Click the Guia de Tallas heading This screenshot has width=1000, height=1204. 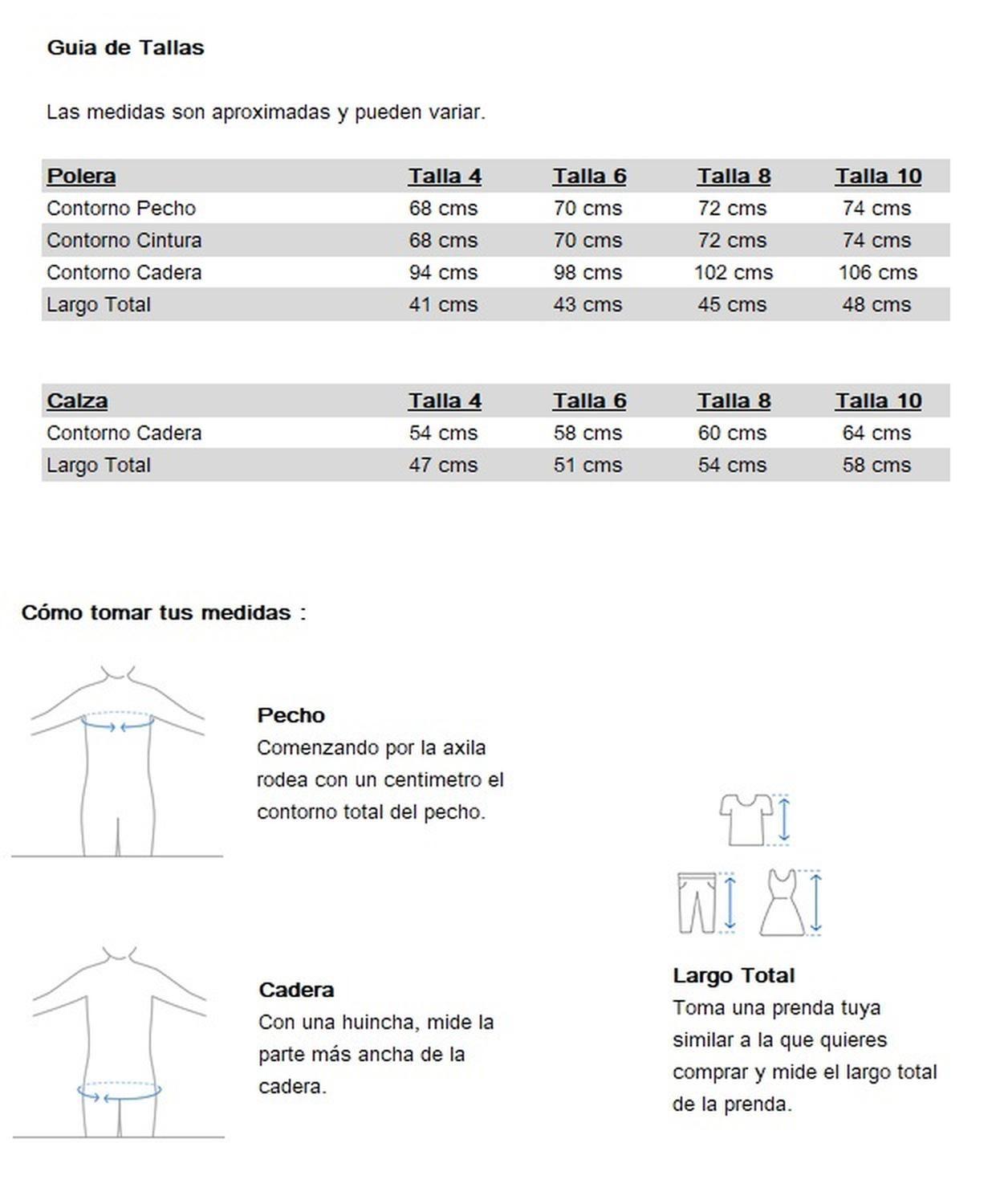(x=125, y=47)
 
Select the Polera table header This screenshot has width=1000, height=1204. (x=81, y=176)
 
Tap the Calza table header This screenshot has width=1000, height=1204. (x=77, y=401)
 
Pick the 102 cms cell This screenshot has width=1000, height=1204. (x=733, y=272)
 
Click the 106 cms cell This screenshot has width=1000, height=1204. (x=877, y=272)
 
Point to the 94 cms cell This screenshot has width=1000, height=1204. (x=443, y=272)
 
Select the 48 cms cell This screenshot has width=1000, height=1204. (x=876, y=304)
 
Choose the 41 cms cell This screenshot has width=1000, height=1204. (x=443, y=304)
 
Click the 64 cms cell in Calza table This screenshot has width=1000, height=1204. (x=876, y=433)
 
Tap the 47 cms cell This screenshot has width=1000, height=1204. (x=443, y=465)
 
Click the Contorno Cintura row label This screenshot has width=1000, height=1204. (x=124, y=240)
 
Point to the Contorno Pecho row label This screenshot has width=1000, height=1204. (x=121, y=208)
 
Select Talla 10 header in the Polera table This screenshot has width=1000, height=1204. (x=878, y=176)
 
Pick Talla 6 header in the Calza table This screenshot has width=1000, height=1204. (x=589, y=401)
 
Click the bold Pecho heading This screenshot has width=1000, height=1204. (x=291, y=715)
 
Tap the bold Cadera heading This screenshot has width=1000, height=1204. (x=296, y=990)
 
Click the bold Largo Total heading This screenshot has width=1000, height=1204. (x=734, y=975)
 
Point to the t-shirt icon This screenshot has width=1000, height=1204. (x=746, y=819)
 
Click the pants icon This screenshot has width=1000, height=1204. (x=696, y=902)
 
